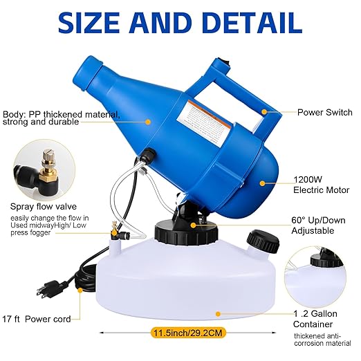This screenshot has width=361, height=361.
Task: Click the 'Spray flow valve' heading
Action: pyautogui.click(x=42, y=205)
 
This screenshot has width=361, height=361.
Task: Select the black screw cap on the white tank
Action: pyautogui.click(x=263, y=241)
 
